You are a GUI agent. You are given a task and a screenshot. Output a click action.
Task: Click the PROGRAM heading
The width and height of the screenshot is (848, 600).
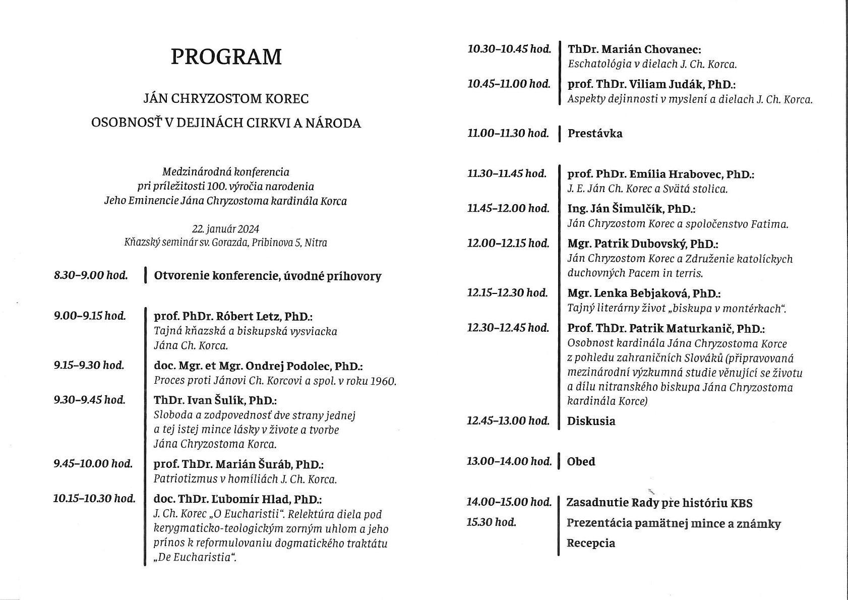point(226,57)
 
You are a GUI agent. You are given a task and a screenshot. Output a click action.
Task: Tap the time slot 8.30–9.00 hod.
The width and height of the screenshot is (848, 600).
point(91,276)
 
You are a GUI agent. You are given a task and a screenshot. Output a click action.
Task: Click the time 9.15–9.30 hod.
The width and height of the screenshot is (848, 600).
point(89,365)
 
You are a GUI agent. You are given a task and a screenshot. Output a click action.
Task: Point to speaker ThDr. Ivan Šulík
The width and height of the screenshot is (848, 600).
point(215,400)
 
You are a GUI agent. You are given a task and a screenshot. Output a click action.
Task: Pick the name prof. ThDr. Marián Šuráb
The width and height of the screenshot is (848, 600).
point(238,464)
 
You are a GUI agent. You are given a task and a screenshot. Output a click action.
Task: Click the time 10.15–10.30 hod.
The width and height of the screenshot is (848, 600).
point(94,499)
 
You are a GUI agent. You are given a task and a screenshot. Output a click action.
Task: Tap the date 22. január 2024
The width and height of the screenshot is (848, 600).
point(225,229)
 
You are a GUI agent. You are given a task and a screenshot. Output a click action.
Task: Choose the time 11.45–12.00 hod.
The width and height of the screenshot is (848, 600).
point(508,208)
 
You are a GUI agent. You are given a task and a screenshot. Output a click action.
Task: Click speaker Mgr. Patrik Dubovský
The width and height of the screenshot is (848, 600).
point(642,244)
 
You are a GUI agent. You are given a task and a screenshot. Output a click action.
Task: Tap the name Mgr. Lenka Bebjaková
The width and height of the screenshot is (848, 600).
point(644,293)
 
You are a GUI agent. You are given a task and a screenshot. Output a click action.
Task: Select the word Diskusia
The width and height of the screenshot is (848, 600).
point(591,421)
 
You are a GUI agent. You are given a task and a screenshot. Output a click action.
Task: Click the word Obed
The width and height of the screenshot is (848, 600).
point(581,461)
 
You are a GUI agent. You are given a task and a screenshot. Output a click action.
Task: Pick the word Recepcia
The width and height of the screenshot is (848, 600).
point(591,543)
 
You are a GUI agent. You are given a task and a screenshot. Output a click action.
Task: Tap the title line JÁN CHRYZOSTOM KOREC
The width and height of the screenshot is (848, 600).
point(226,98)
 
